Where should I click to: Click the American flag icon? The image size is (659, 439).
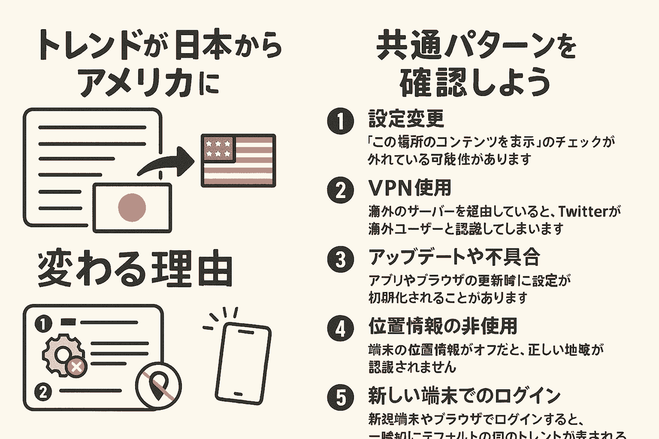tap(237, 160)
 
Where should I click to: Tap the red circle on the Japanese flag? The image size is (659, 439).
tap(132, 207)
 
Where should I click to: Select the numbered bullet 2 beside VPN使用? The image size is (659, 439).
tap(339, 190)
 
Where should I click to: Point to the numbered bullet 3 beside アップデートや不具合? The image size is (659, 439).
tap(339, 259)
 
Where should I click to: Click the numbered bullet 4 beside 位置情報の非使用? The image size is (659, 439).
tap(339, 328)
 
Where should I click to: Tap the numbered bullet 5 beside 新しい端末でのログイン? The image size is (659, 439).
tap(339, 397)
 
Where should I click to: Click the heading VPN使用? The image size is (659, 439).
tap(409, 189)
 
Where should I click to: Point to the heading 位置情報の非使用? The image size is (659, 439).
tap(443, 327)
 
